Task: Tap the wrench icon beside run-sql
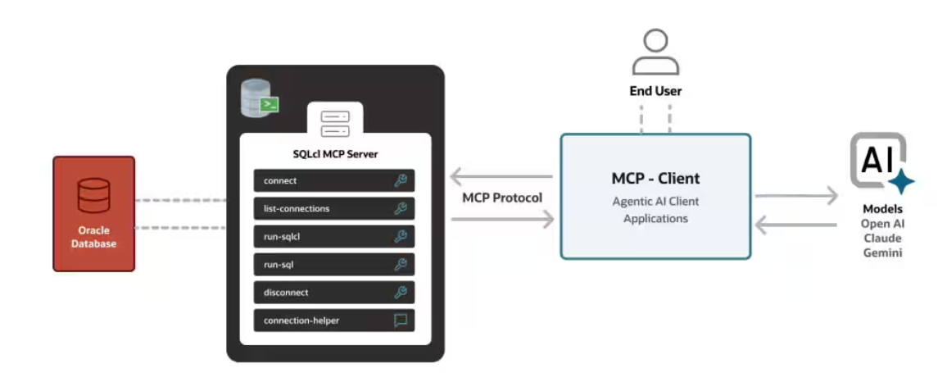pos(401,265)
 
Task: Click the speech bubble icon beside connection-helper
pos(401,321)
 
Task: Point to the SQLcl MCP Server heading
pos(335,153)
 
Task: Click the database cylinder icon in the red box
pos(93,196)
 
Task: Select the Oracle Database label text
pos(93,237)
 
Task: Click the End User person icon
pos(655,52)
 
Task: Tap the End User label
pos(655,91)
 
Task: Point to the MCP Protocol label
pos(502,198)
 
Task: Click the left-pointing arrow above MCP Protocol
pos(501,176)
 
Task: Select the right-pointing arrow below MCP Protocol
pos(501,219)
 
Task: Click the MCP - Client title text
pos(655,178)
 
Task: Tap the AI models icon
pos(881,163)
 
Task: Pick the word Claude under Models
pos(882,239)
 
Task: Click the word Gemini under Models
pos(882,253)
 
